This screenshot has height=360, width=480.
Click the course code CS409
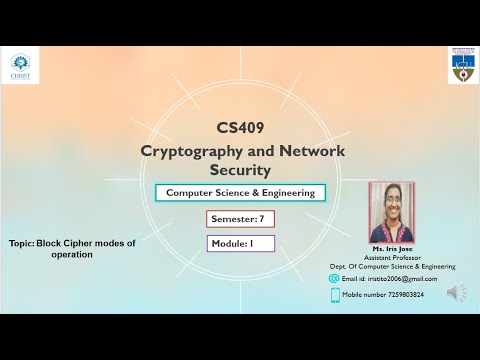click(242, 128)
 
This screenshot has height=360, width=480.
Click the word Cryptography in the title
click(193, 151)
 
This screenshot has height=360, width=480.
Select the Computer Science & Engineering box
click(240, 193)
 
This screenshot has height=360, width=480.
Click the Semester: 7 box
click(240, 218)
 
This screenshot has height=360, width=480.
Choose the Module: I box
click(240, 242)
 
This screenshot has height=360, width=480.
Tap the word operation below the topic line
click(72, 255)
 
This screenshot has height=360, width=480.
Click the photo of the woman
click(391, 212)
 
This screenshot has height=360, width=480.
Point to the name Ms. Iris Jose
click(392, 248)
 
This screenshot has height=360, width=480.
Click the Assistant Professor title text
click(392, 257)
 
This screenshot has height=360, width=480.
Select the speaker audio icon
click(457, 292)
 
